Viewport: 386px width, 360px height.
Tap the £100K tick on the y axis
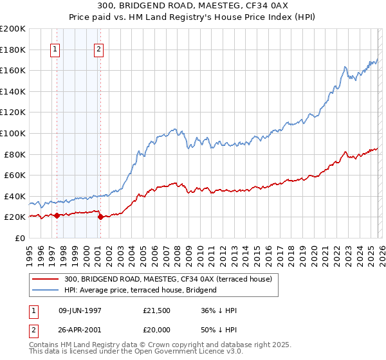coord(13,133)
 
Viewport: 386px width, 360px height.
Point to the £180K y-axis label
coord(13,50)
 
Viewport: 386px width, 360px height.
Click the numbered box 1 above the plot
coord(55,50)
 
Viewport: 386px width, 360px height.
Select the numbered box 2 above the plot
coord(98,50)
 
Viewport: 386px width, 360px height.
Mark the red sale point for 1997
coord(57,215)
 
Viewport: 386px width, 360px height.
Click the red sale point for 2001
coord(100,217)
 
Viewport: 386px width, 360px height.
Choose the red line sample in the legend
coord(46,279)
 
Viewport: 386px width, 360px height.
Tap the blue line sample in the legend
coord(46,290)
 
